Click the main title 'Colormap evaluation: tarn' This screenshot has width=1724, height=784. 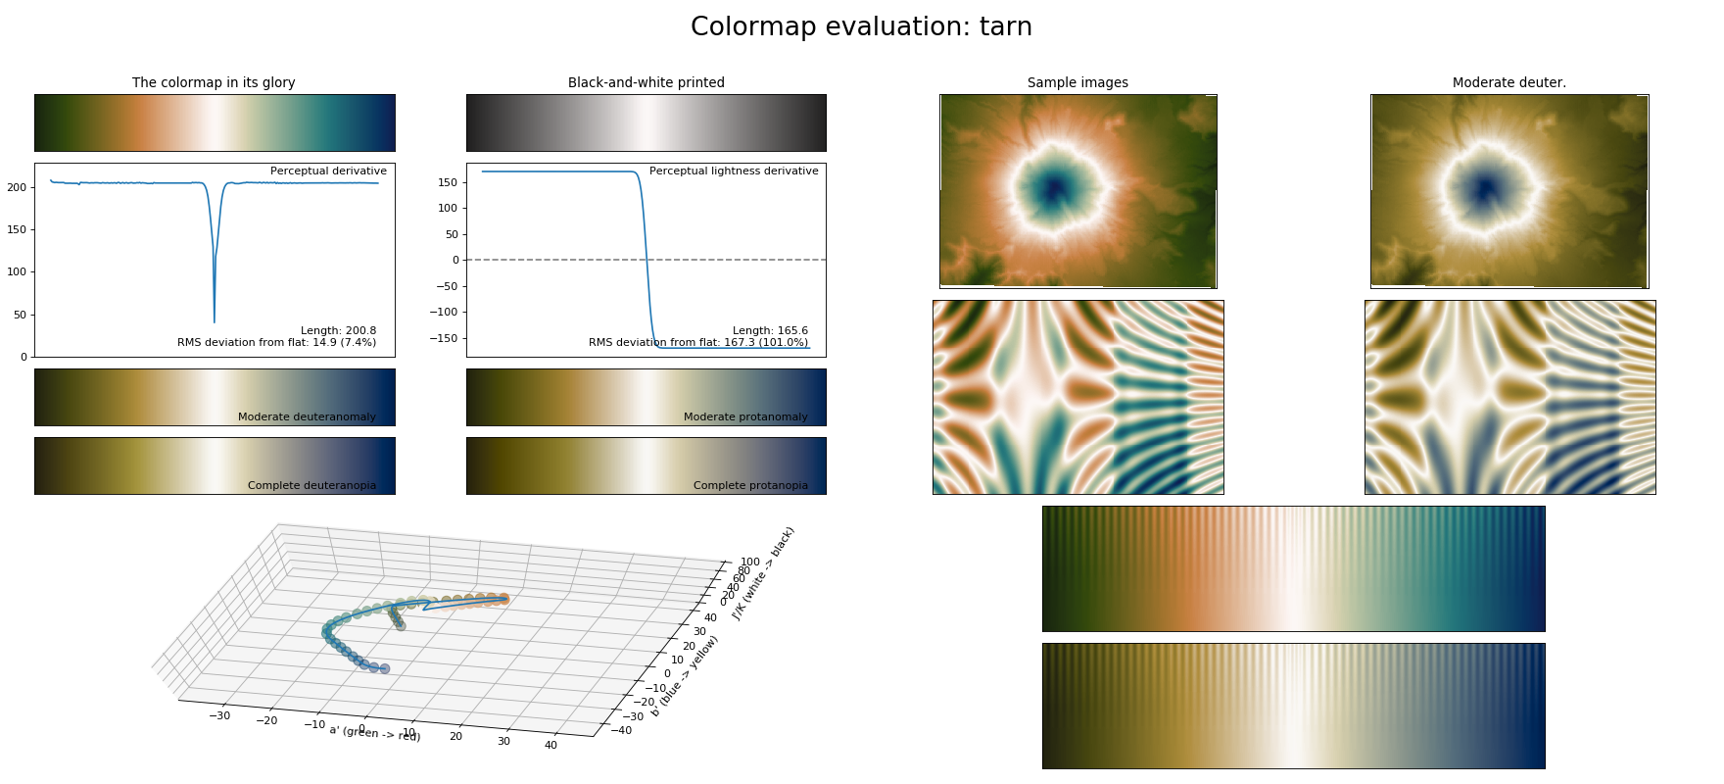[861, 26]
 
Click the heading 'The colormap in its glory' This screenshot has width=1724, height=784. [214, 82]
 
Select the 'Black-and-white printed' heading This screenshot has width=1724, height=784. [646, 82]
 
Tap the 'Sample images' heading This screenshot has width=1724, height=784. [1077, 82]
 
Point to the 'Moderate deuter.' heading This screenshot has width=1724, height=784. [1508, 82]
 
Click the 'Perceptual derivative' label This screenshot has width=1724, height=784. [328, 171]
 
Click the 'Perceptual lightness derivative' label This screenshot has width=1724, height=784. [734, 171]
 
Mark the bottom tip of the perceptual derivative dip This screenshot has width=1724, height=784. [215, 321]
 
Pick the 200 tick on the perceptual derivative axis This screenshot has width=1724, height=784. [17, 187]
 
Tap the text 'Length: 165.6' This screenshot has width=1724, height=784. [770, 330]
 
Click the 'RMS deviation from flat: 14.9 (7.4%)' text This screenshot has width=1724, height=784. [276, 342]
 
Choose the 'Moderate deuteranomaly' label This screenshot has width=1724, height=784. [307, 416]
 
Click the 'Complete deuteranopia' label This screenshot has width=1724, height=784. [311, 485]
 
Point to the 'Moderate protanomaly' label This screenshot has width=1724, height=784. [745, 416]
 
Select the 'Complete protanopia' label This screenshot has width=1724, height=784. [750, 485]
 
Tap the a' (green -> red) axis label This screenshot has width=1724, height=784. [374, 732]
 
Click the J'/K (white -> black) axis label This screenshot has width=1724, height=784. [763, 572]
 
